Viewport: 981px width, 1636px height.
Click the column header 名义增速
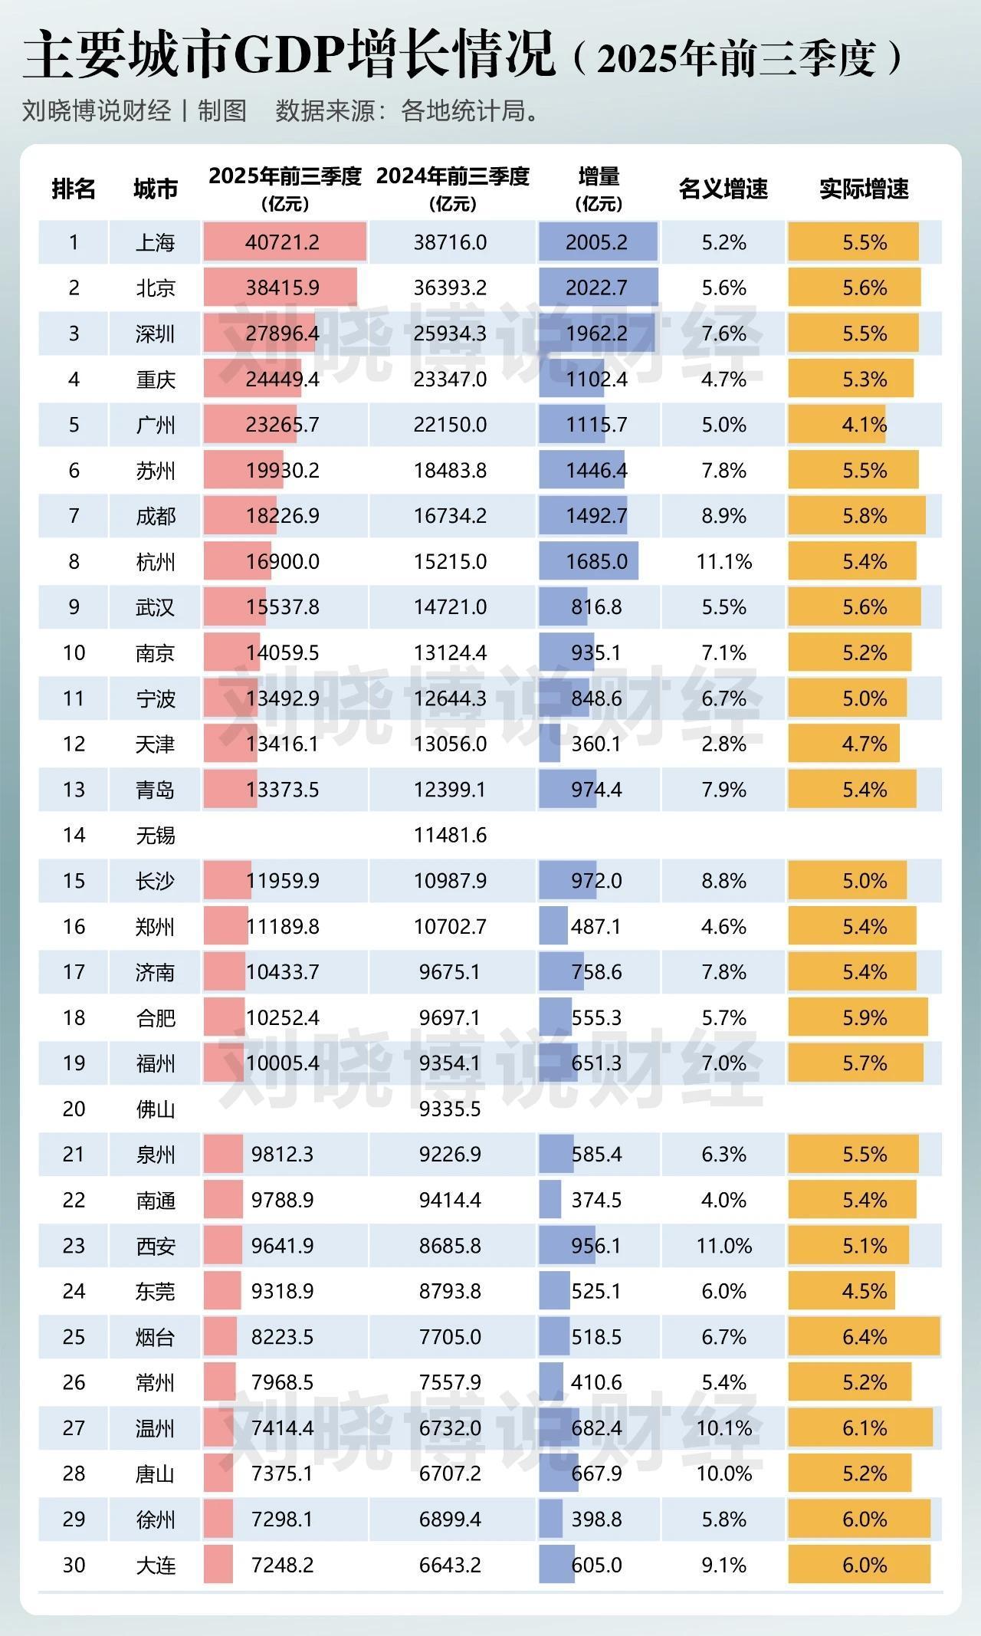pos(723,189)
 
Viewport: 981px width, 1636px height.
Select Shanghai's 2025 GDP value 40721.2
pos(283,242)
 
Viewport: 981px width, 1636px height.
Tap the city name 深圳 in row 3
pos(156,333)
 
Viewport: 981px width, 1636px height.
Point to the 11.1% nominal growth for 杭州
pos(723,561)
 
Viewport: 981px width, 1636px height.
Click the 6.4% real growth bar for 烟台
pos(864,1336)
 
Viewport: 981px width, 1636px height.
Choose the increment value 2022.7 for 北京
pos(596,287)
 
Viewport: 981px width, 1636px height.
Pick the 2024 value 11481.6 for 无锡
pos(450,834)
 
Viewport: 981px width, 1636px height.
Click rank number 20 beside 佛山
pos(74,1108)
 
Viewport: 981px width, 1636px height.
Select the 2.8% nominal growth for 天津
pos(723,744)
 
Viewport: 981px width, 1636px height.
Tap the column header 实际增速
pos(864,189)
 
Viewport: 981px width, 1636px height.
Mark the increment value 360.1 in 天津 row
pos(596,744)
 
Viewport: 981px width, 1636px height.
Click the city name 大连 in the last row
pos(156,1564)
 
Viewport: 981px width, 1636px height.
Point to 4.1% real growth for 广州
pos(864,424)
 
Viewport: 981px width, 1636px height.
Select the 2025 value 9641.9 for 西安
pos(283,1245)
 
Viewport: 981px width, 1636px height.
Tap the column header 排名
pos(74,189)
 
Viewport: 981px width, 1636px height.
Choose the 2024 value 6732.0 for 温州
pos(450,1427)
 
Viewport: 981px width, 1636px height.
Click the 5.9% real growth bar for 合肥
pos(864,1017)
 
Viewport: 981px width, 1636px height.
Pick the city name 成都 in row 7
pos(156,516)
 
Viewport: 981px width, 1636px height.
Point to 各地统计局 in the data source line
pos(464,111)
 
